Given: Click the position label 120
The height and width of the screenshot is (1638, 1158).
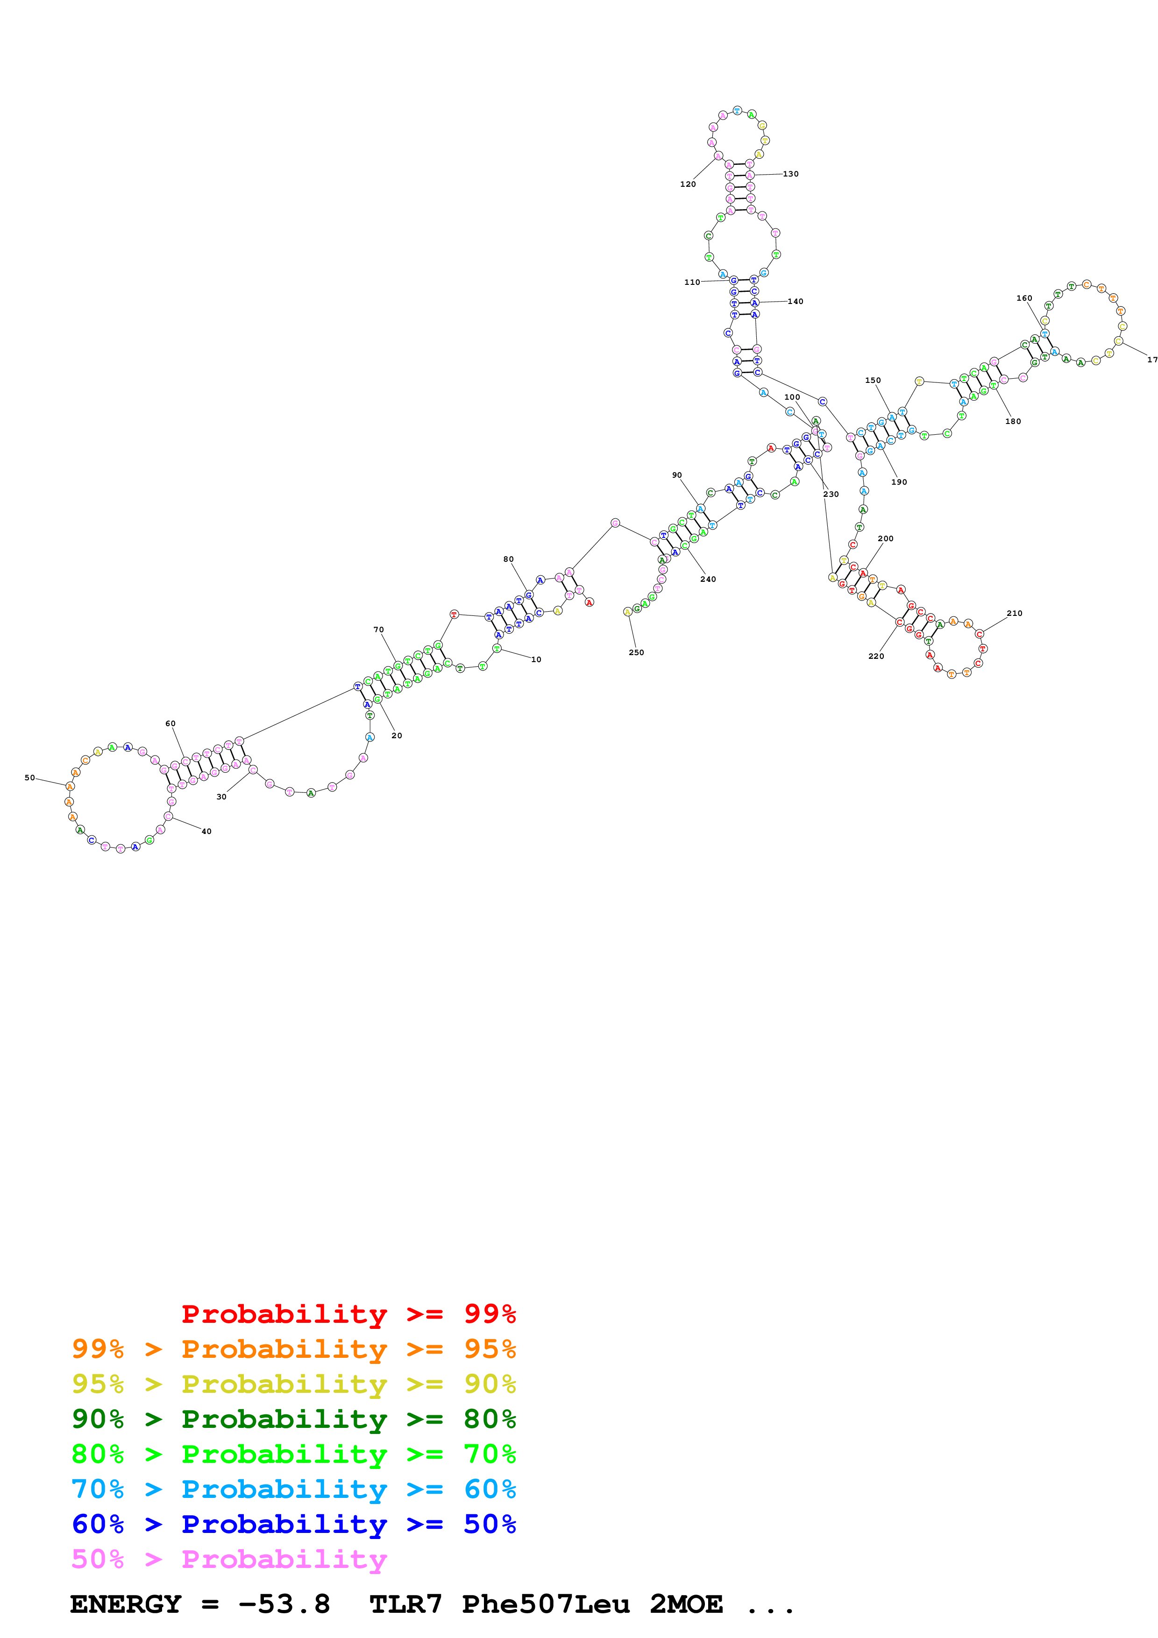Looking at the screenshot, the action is coord(687,184).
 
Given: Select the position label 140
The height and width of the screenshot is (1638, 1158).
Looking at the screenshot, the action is coord(796,302).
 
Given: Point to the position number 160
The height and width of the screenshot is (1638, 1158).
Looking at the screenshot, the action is coord(1024,298).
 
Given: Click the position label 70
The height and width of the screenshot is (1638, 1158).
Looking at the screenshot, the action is coord(378,630).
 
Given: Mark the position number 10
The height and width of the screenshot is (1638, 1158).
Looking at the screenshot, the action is coord(536,660).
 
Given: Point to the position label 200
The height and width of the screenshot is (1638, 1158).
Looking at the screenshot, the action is coord(886,539).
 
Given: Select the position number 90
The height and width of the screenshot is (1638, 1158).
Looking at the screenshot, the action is coord(676,475).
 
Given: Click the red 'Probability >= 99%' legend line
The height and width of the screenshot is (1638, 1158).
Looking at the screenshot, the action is coord(348,1314).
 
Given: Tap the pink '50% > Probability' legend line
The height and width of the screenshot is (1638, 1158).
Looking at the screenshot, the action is coord(229,1560).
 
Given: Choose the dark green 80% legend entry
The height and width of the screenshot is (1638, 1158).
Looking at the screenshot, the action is coord(293,1419).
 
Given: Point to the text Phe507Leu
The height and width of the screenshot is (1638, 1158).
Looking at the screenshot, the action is coord(546,1604).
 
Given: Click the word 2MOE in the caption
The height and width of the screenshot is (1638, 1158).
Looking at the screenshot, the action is coord(686,1604).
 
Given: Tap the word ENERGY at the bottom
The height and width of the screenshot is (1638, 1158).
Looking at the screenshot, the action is coord(126,1604).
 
